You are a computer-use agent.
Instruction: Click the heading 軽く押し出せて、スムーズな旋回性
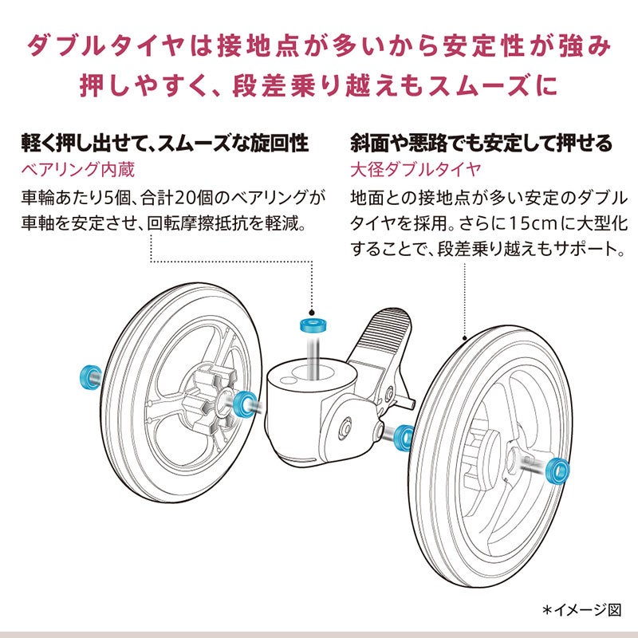[164, 144]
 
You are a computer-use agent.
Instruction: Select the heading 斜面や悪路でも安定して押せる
[482, 144]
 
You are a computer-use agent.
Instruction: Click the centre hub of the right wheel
[510, 463]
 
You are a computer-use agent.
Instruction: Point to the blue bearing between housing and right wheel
[403, 436]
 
